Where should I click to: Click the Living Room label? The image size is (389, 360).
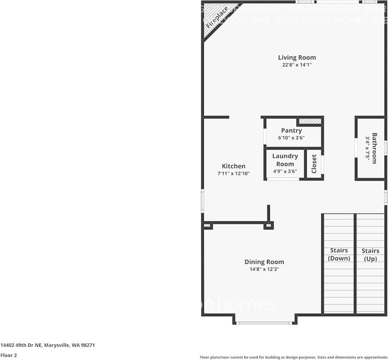[297, 58]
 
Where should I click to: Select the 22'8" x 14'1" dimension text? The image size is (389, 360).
[297, 65]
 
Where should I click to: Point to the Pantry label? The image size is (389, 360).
[291, 131]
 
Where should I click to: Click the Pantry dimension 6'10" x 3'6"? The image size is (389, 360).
[291, 138]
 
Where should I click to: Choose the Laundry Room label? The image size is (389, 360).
[285, 160]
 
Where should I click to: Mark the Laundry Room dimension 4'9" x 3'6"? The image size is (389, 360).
[285, 171]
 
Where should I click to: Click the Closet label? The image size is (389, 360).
[314, 164]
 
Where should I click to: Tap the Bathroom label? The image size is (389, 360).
[374, 148]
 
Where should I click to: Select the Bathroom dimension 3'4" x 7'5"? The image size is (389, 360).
[368, 148]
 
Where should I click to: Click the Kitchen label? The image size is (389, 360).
[233, 166]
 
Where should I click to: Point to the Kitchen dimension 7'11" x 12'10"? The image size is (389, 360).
[233, 173]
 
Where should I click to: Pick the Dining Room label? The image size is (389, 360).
[264, 262]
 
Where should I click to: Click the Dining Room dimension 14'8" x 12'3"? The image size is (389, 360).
[264, 269]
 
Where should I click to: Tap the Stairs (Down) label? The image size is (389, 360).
[339, 254]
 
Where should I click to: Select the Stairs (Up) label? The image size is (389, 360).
[370, 255]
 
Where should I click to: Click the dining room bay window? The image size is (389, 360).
[265, 323]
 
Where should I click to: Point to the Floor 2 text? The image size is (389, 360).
[9, 355]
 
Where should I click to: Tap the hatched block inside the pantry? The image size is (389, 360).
[310, 121]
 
